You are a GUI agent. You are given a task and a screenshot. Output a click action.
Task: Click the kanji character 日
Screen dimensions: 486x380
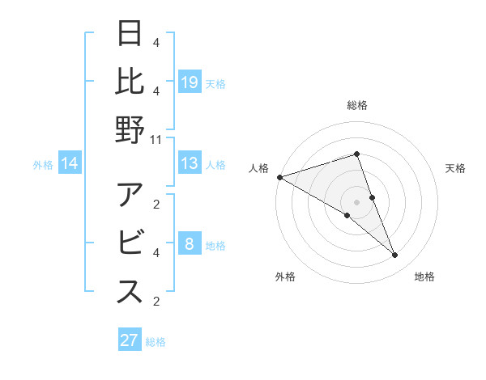point(130,36)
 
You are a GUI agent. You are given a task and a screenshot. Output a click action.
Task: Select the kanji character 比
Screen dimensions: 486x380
point(130,82)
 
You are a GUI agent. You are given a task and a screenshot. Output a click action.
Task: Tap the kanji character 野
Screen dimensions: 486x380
point(130,129)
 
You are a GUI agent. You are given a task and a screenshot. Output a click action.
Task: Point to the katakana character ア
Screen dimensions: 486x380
point(130,196)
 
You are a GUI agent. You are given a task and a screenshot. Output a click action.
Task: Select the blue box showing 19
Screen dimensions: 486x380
point(190,82)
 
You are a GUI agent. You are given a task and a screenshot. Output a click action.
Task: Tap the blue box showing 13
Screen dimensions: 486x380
point(190,163)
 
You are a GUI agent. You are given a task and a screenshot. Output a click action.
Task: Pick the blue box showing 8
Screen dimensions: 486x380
point(190,244)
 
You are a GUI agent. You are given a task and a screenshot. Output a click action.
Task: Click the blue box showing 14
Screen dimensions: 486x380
point(70,163)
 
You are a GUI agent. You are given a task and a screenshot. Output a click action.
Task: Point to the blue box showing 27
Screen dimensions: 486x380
point(130,340)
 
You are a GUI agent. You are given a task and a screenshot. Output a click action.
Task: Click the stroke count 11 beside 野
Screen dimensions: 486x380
point(156,139)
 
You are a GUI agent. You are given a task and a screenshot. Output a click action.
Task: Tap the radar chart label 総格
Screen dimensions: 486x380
point(357,105)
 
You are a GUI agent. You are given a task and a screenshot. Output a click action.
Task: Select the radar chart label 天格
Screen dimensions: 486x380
point(455,168)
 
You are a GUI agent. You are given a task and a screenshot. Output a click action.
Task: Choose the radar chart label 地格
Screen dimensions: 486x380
point(424,277)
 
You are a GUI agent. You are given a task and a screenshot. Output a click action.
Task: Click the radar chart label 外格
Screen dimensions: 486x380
point(285,277)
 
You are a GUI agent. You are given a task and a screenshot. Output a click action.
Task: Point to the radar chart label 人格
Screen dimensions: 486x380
point(258,168)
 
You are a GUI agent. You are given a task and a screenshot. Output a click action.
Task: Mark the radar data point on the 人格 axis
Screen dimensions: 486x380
point(279,177)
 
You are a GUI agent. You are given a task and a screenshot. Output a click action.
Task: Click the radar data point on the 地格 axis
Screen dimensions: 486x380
point(395,255)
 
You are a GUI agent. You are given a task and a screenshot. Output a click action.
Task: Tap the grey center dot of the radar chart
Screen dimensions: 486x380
point(357,202)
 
